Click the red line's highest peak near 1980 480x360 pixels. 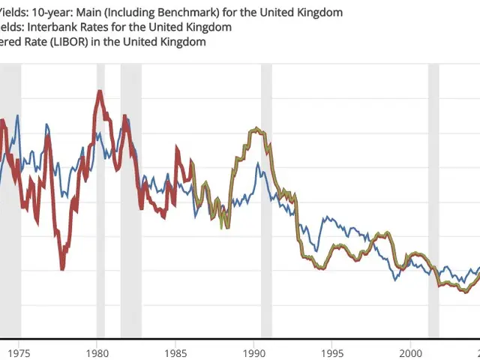[x=99, y=92]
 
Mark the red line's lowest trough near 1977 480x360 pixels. [x=62, y=268]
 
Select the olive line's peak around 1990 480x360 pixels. [x=256, y=129]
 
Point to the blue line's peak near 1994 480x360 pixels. [x=325, y=218]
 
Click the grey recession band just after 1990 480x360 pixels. [x=265, y=202]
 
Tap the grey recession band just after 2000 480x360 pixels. [x=433, y=202]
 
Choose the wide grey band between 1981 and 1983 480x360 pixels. [x=130, y=202]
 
